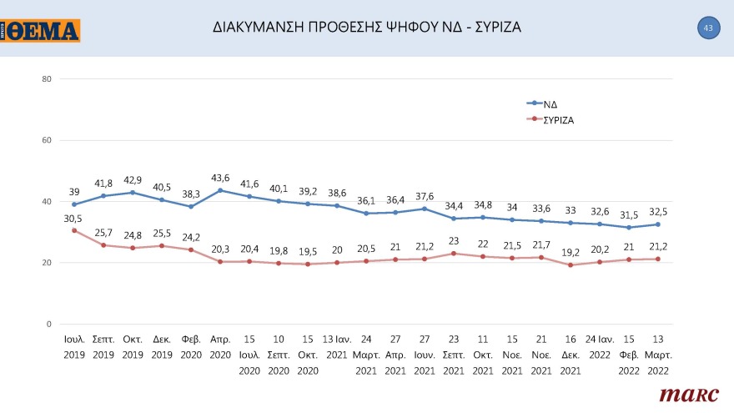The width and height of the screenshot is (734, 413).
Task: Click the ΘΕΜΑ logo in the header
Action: (x=41, y=31)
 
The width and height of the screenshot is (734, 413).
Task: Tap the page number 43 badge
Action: (x=707, y=28)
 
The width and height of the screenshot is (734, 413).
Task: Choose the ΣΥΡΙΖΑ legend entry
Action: (x=559, y=119)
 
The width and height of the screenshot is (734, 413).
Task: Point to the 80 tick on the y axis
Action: (x=47, y=79)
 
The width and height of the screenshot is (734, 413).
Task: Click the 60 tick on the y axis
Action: (x=47, y=140)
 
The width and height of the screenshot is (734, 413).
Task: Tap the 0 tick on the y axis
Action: (x=48, y=324)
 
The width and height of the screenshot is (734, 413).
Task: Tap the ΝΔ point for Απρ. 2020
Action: (x=220, y=190)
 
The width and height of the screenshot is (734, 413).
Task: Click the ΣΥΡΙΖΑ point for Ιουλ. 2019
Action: (x=74, y=230)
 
